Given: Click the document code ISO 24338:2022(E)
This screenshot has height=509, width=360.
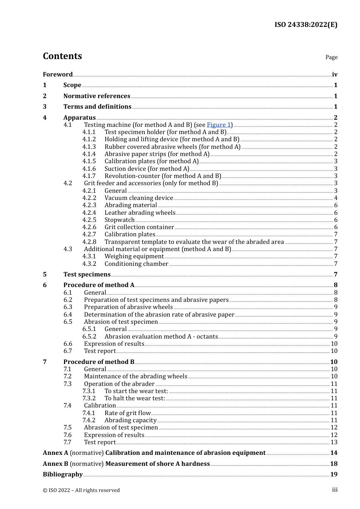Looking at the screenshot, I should point(306,25).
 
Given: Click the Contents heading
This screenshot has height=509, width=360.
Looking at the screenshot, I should point(62,56).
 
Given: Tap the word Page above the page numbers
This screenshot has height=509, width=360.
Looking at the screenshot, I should point(331,57).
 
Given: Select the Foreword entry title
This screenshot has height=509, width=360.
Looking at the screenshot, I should point(58,74).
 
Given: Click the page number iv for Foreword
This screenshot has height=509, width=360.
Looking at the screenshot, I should point(335,74).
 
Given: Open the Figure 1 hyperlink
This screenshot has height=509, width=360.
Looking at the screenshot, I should point(219,125).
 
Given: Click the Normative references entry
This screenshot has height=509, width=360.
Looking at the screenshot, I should point(97,96).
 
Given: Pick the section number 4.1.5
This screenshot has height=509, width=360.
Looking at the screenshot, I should point(89,161).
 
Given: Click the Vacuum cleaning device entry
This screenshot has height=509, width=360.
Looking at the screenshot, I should point(139,198).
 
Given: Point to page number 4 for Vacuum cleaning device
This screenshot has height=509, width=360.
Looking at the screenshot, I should point(336,198).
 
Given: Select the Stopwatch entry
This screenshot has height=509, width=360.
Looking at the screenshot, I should point(119,220).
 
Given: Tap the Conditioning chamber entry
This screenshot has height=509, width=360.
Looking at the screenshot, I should point(136,264).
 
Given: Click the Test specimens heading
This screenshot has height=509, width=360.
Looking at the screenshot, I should point(87,275).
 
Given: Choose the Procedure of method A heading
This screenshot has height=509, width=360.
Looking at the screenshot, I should point(99,285).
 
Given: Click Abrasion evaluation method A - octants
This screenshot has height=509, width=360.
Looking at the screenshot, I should point(161,337).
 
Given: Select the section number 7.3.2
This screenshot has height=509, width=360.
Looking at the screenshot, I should point(89,398).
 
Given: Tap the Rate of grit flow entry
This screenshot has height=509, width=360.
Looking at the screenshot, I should point(127,413).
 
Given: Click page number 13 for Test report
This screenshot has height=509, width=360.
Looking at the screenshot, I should point(334,442).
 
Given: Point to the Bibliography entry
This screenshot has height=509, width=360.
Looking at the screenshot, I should point(63,475).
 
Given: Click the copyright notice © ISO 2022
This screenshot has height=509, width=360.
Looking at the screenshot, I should point(81,490).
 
